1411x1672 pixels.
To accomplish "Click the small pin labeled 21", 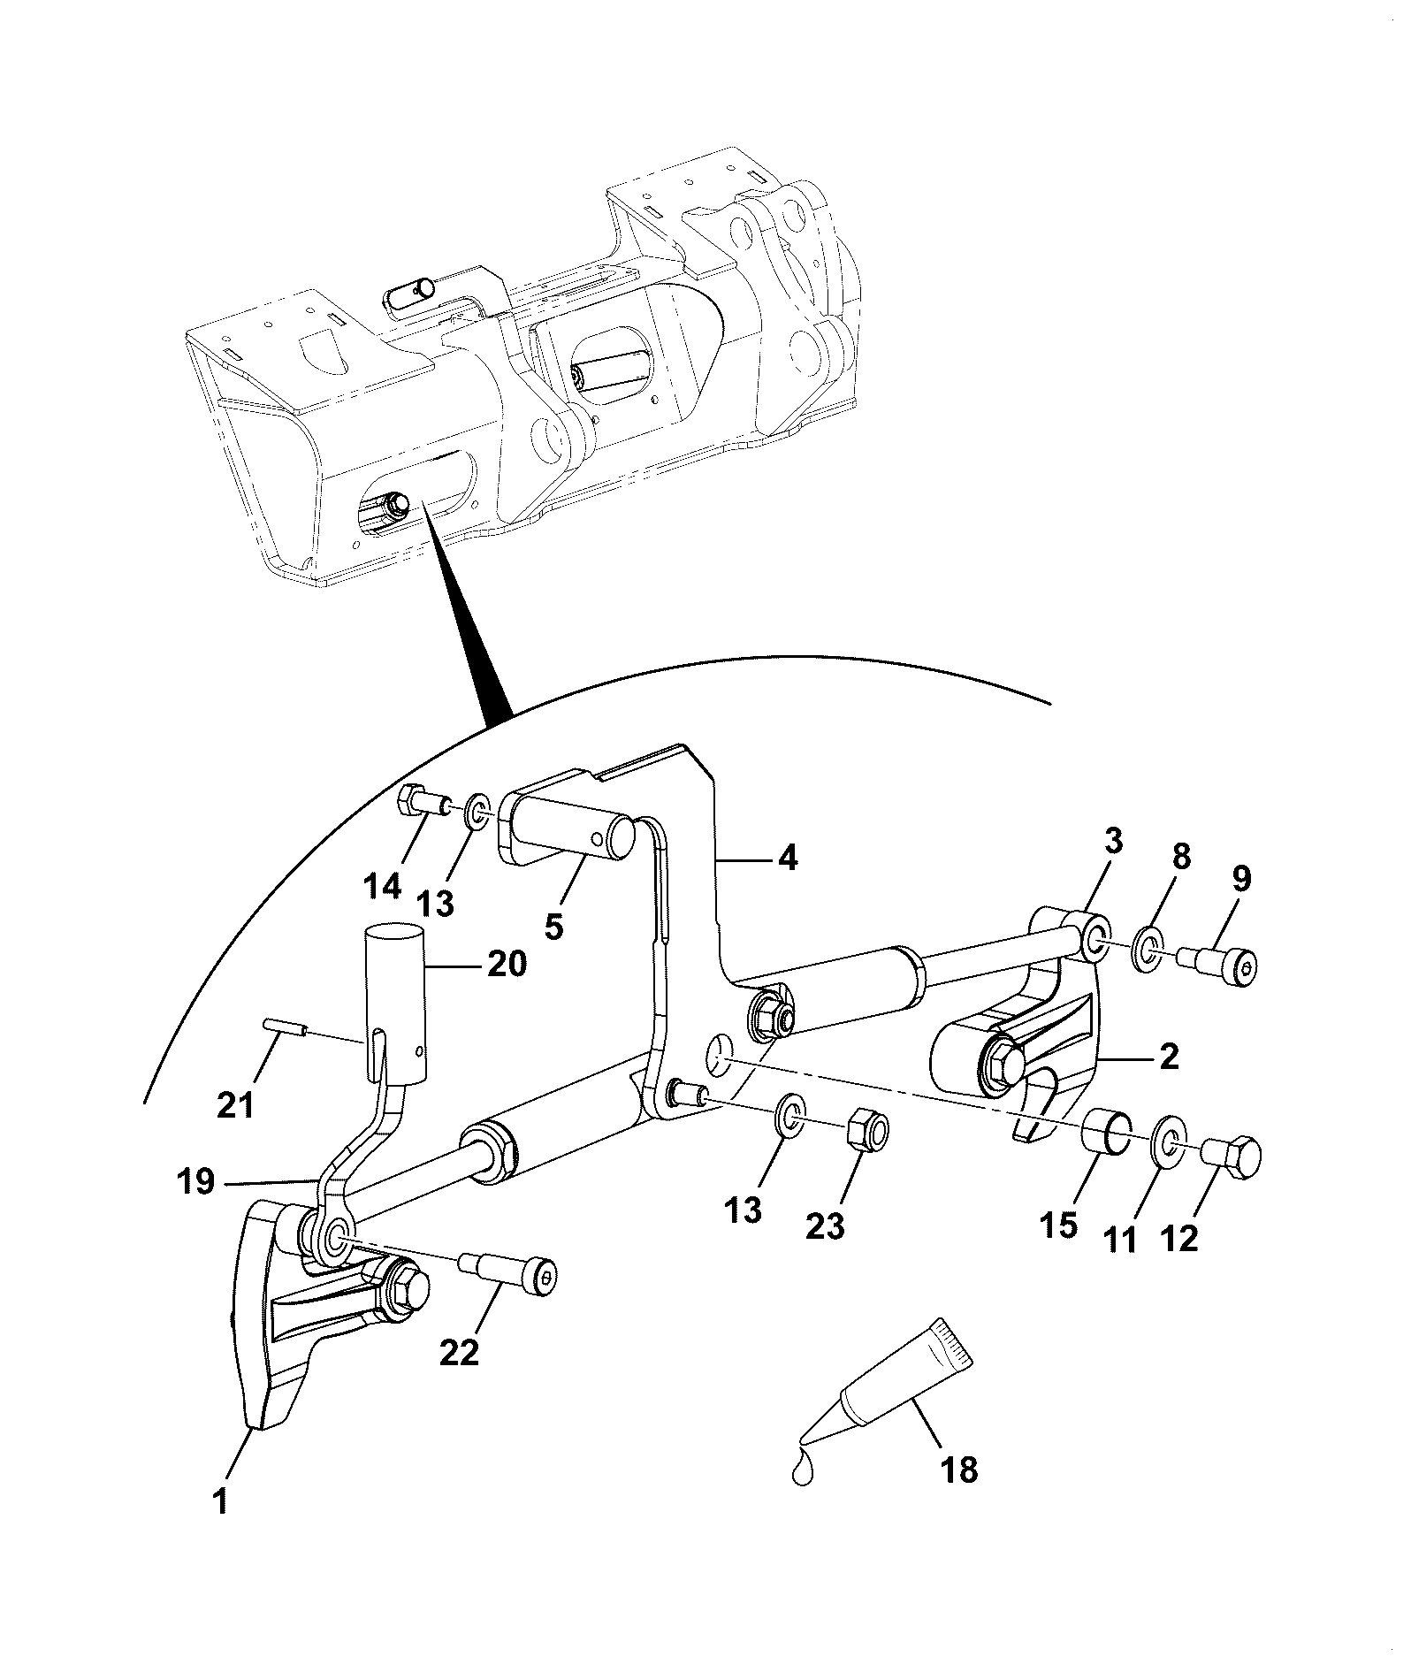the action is click(x=284, y=1027).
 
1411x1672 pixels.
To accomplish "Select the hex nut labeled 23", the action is click(x=867, y=1129).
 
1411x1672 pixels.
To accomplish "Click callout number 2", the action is click(x=1169, y=1057).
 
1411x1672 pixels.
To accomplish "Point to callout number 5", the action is click(x=554, y=927).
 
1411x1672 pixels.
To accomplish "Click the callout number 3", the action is click(x=1113, y=842).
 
